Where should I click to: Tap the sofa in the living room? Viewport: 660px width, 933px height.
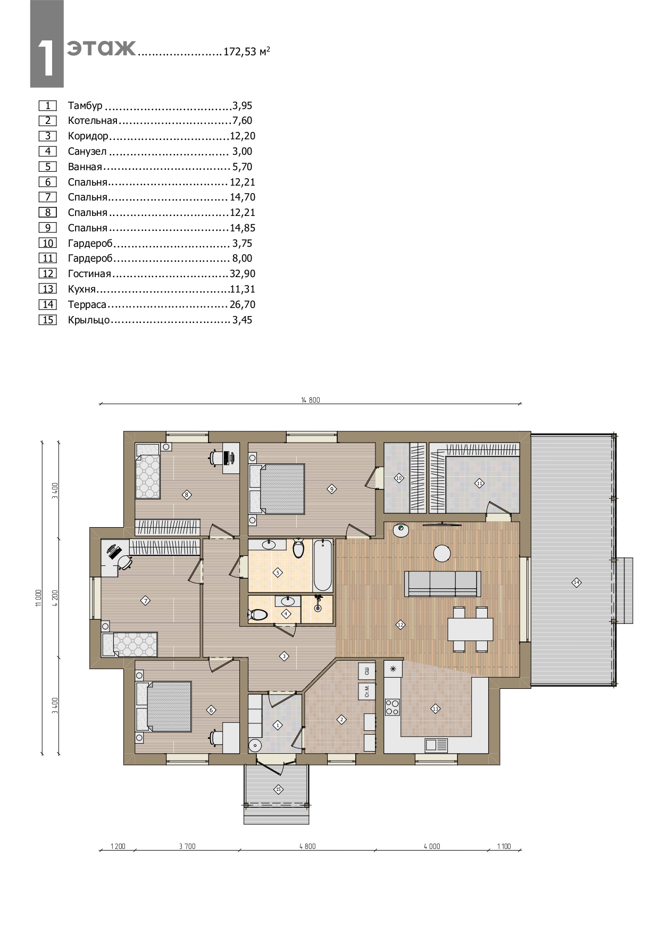443,584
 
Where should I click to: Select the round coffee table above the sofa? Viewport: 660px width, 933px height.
442,554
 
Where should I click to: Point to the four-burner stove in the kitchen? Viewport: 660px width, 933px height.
392,707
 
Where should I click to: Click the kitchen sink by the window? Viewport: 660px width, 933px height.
436,745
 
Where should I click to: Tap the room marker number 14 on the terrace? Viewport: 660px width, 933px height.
577,582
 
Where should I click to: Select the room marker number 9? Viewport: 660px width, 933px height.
331,489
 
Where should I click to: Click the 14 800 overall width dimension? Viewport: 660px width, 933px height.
311,400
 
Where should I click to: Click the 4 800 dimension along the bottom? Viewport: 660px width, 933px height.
307,846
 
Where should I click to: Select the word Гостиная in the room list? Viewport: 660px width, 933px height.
89,274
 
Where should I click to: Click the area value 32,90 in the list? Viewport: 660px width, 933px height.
243,274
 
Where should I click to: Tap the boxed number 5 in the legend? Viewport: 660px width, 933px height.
47,166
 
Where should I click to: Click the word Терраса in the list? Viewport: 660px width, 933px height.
87,305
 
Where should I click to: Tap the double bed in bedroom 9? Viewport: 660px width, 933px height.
277,489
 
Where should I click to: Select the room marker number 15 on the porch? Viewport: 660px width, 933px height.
277,789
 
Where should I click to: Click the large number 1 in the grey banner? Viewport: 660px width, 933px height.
47,58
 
